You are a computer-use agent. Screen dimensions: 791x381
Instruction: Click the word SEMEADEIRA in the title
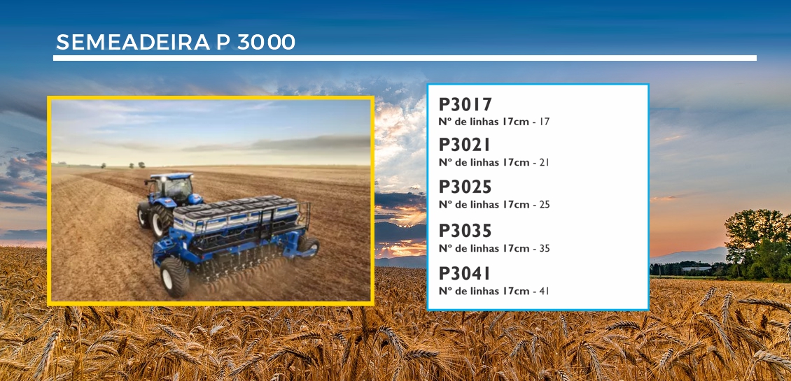(133, 43)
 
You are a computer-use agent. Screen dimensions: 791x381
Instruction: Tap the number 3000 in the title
(266, 43)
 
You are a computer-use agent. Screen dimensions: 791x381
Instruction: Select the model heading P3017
(465, 105)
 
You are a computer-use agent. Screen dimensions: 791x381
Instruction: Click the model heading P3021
(465, 145)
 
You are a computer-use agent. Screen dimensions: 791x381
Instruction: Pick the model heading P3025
(465, 187)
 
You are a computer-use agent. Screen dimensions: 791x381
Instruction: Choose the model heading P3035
(465, 231)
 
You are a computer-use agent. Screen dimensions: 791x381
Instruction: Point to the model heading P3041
(465, 273)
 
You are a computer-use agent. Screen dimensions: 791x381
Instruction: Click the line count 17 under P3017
(544, 122)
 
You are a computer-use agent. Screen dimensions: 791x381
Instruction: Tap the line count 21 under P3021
(544, 162)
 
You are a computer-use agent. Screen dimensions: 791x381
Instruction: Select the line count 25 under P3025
(544, 205)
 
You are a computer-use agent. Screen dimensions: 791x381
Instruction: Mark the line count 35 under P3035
(544, 248)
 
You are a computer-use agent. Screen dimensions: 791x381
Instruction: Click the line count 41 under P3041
(544, 292)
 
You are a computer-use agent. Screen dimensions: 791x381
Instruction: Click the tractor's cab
(171, 187)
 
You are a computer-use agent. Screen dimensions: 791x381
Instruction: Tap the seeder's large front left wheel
(174, 277)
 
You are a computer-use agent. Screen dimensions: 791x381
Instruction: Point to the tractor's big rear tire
(162, 221)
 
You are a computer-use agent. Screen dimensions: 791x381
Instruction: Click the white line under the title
(405, 58)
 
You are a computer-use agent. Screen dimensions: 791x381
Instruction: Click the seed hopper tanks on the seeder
(234, 212)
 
